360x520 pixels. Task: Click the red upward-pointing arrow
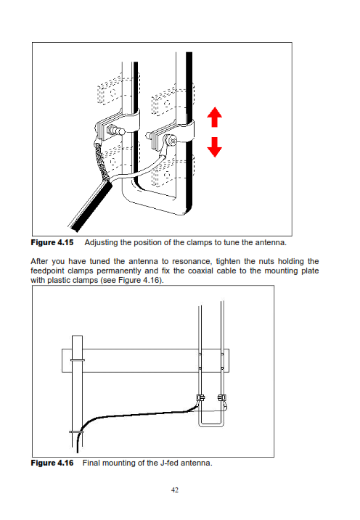(214, 117)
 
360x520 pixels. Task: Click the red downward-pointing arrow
(214, 147)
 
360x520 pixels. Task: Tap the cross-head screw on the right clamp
(173, 141)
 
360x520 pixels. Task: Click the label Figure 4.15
(52, 242)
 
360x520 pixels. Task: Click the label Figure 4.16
(52, 463)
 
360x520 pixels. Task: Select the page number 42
(175, 490)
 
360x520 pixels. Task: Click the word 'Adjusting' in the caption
(101, 243)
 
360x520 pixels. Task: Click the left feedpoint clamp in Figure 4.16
(200, 397)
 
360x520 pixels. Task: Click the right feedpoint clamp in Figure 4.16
(221, 397)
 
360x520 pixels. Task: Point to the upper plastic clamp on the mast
(78, 360)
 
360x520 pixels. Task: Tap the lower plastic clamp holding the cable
(76, 432)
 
